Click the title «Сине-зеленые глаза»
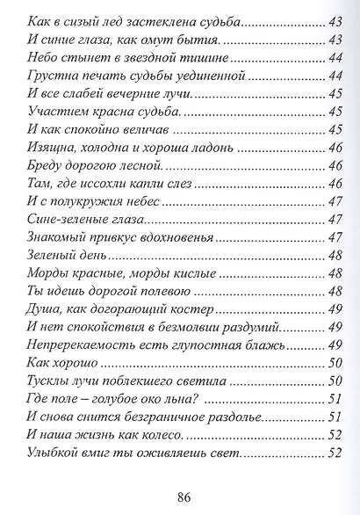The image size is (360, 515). click(86, 220)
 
